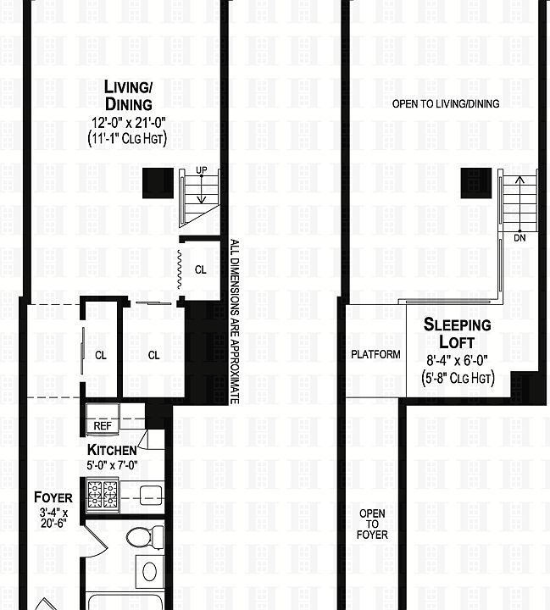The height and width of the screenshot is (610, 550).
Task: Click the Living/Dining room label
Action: click(x=128, y=95)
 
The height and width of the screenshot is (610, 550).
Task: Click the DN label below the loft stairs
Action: click(x=519, y=238)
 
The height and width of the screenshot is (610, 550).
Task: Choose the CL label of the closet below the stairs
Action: click(x=200, y=270)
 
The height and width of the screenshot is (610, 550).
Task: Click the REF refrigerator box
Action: click(x=103, y=426)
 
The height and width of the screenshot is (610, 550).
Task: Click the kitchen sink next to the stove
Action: click(x=147, y=493)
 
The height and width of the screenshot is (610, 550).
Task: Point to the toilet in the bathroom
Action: click(x=140, y=536)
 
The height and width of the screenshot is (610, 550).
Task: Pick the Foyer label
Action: click(x=53, y=497)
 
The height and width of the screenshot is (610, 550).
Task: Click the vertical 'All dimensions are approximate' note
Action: click(x=235, y=322)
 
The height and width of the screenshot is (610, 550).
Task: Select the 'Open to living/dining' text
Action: click(x=446, y=103)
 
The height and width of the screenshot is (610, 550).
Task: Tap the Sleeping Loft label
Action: click(x=457, y=333)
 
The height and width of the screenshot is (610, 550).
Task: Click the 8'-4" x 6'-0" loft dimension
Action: click(x=457, y=360)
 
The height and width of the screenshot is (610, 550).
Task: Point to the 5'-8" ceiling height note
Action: click(x=457, y=378)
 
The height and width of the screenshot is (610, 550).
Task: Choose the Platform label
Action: click(x=375, y=354)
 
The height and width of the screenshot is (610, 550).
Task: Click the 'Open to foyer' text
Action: click(x=373, y=524)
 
